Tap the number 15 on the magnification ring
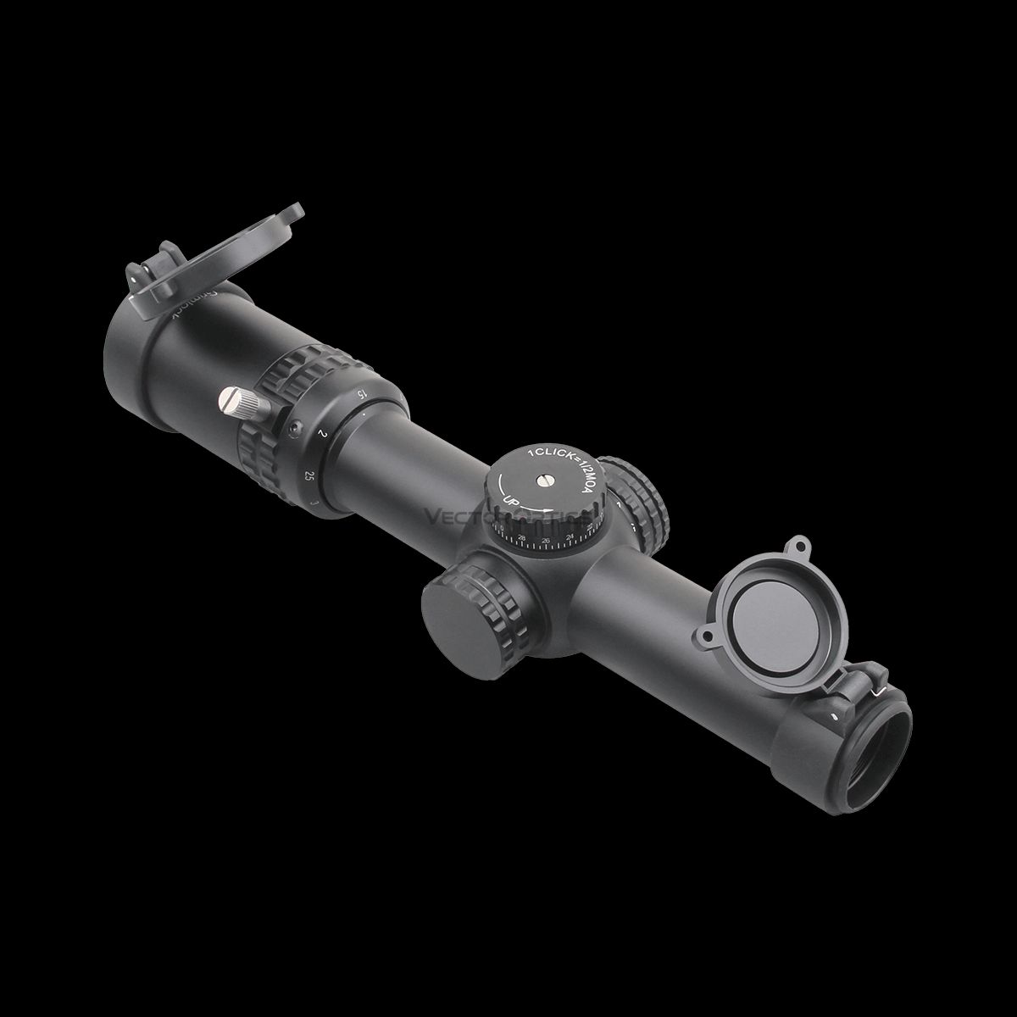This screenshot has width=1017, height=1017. click(361, 394)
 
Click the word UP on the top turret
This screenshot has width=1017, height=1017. click(511, 502)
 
